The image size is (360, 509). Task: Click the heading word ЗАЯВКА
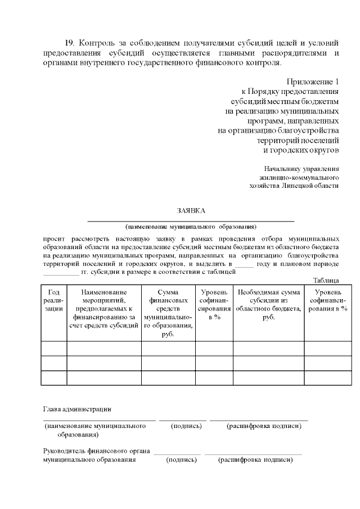(x=191, y=210)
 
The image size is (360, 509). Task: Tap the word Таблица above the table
(x=326, y=280)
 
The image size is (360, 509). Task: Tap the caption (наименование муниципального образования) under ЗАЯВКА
(x=191, y=227)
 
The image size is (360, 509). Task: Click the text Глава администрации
(x=77, y=409)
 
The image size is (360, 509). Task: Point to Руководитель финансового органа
(x=96, y=451)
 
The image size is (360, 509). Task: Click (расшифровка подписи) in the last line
(x=255, y=460)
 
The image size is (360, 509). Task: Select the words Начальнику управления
(x=301, y=168)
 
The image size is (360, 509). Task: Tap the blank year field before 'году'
(x=245, y=264)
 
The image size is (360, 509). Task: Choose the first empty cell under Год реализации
(x=54, y=348)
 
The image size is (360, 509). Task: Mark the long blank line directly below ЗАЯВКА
(x=191, y=220)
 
